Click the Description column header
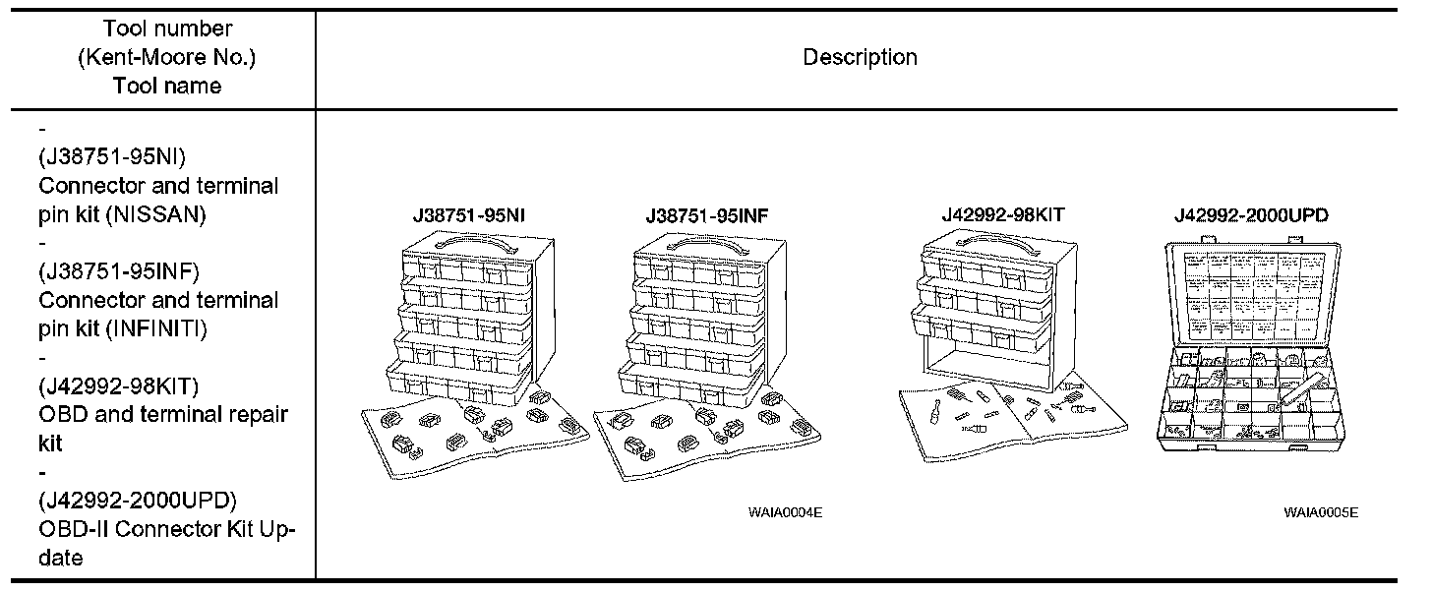coord(860,58)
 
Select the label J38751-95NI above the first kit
coord(460,215)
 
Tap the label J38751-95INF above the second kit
coord(705,215)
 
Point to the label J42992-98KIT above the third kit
coord(1002,213)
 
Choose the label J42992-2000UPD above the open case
coord(1250,215)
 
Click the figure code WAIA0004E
coord(785,511)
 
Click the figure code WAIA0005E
coord(1321,511)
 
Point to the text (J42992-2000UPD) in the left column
coord(138,500)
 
